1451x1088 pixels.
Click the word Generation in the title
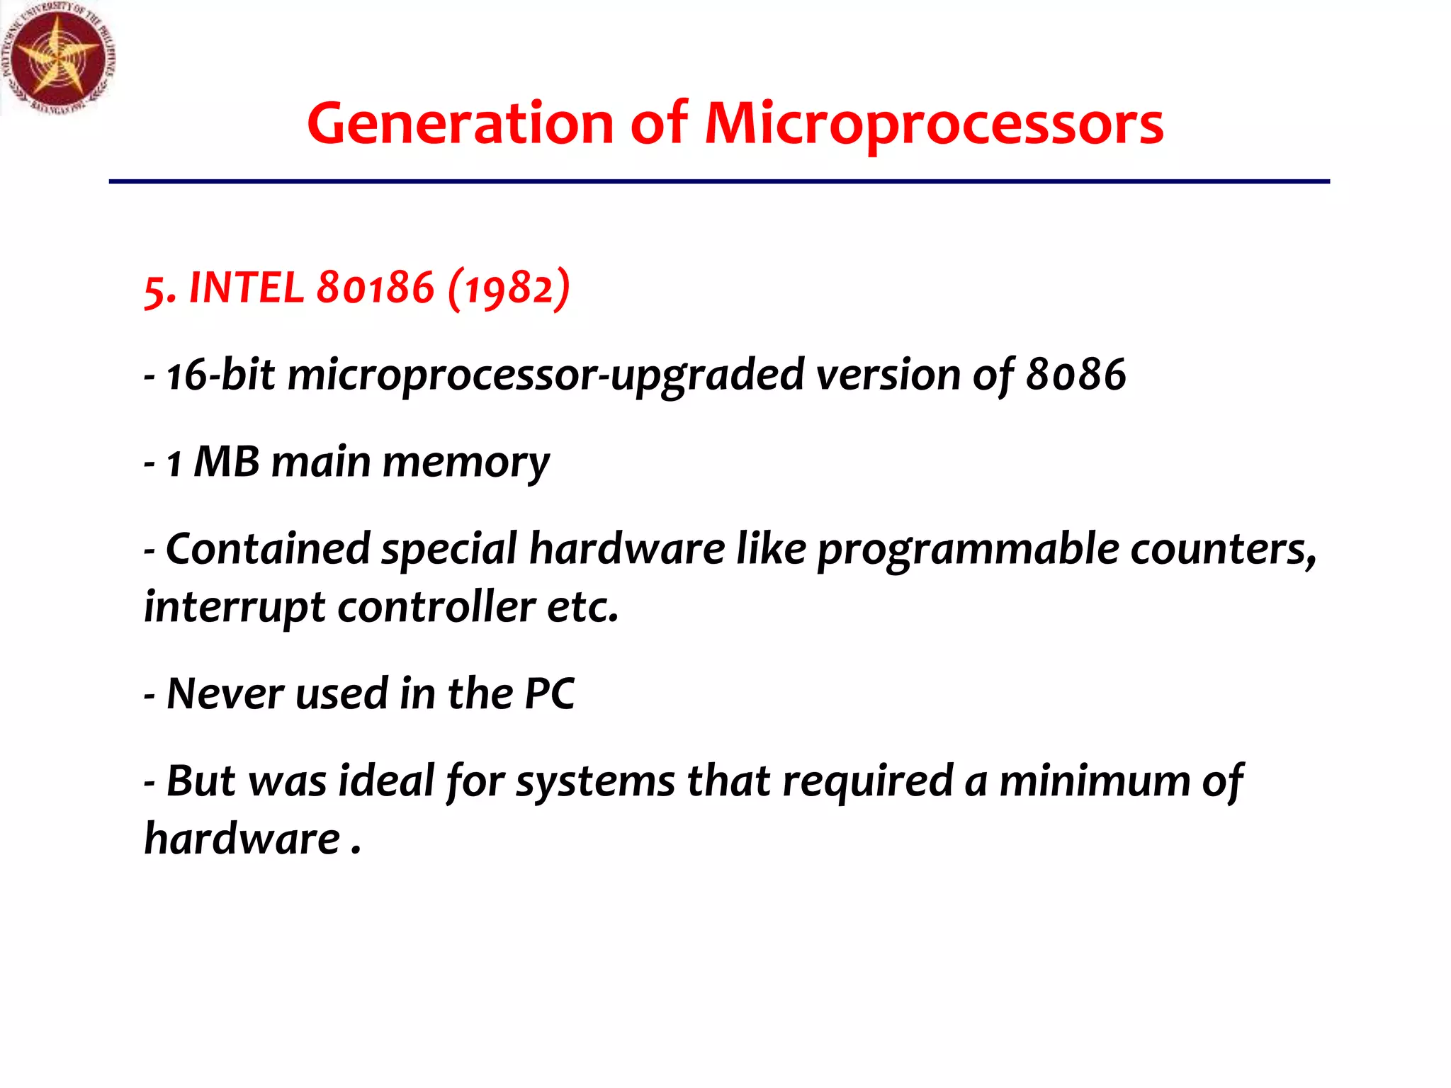[x=460, y=124]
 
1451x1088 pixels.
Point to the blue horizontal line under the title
[x=718, y=182]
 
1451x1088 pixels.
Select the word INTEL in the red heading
[x=246, y=288]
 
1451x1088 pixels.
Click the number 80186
[x=375, y=288]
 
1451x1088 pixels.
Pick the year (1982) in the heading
[x=509, y=288]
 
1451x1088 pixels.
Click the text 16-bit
[x=220, y=375]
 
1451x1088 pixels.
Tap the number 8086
[x=1075, y=375]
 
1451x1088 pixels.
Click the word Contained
[x=268, y=549]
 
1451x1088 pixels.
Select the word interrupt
[x=235, y=608]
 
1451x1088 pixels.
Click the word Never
[x=225, y=693]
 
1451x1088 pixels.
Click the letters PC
[x=549, y=693]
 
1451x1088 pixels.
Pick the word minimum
[x=1095, y=781]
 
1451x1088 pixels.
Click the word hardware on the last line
[x=242, y=839]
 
